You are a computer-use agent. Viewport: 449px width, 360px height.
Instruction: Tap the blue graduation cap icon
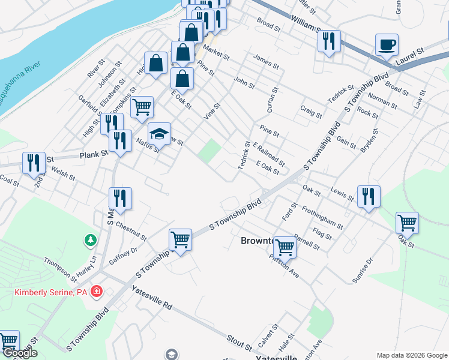(x=160, y=133)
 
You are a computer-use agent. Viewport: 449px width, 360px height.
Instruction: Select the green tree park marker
(x=91, y=240)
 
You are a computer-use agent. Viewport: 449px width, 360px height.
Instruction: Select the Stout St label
(x=240, y=344)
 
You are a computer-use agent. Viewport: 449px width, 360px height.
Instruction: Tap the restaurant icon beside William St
(x=329, y=41)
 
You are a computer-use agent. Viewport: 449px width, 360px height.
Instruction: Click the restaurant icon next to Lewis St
(x=369, y=196)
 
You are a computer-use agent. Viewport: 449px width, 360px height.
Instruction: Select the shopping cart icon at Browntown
(x=285, y=245)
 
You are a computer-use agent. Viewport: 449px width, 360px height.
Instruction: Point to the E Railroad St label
(x=268, y=154)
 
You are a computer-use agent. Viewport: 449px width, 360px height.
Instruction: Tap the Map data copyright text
(x=411, y=355)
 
